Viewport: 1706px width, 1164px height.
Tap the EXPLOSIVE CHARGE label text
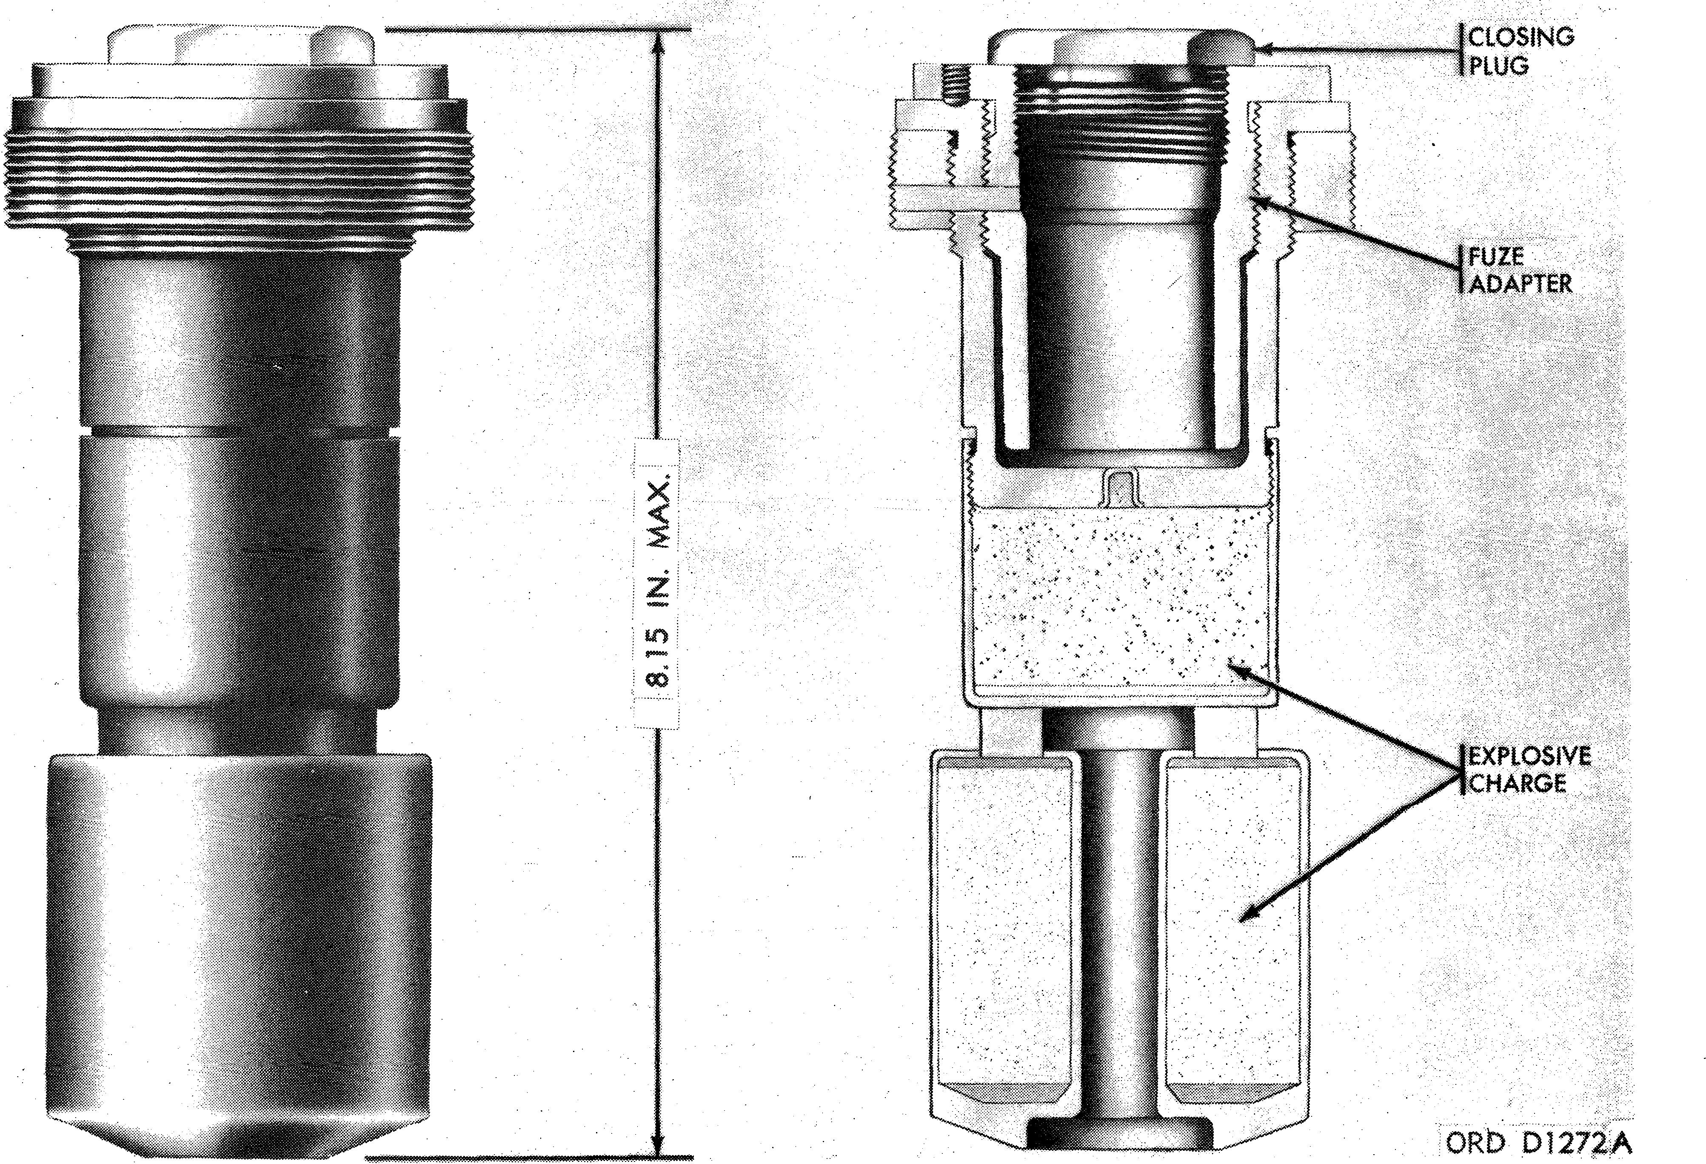tap(1528, 769)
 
